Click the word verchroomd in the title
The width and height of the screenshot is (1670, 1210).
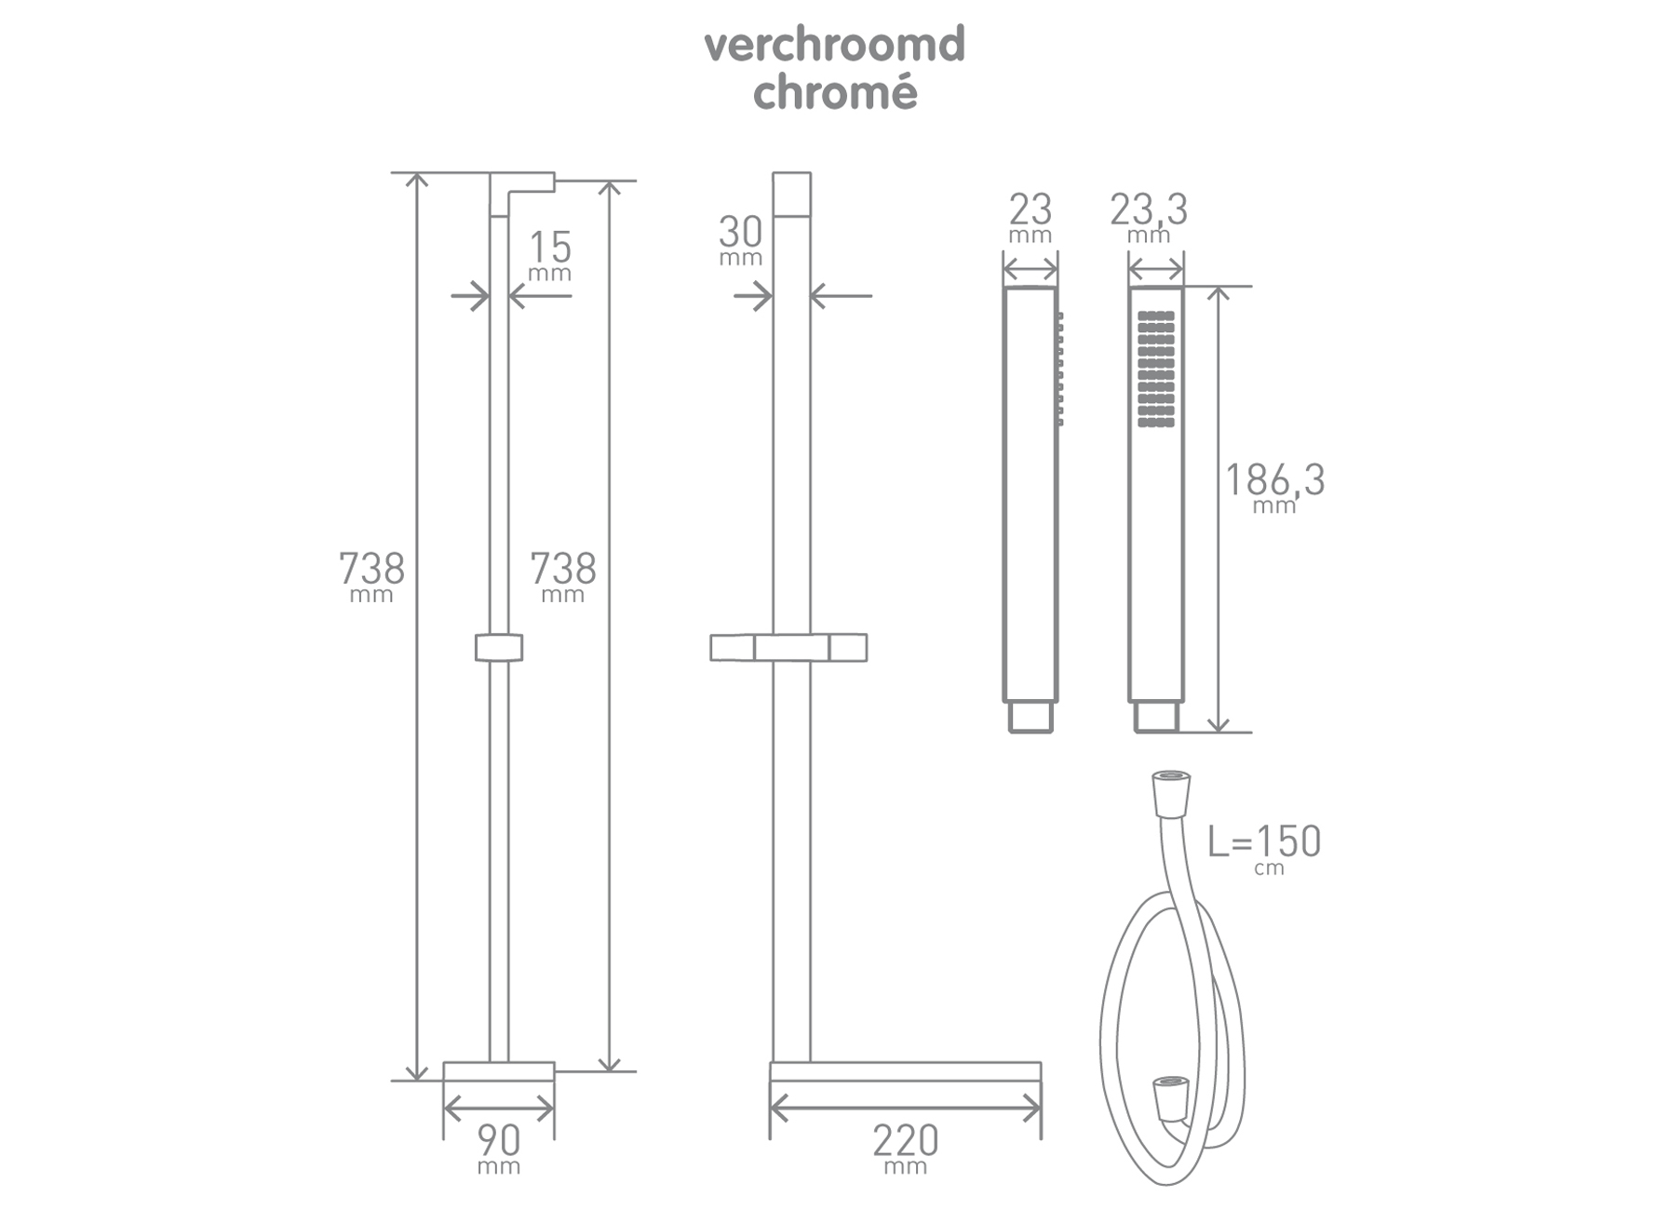click(x=834, y=45)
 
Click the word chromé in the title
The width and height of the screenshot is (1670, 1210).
click(x=834, y=92)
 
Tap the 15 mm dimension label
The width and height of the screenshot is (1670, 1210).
click(x=549, y=254)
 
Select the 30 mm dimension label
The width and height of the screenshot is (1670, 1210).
click(x=740, y=238)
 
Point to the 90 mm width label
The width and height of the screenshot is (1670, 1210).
click(x=499, y=1148)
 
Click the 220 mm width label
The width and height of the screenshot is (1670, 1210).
click(x=905, y=1148)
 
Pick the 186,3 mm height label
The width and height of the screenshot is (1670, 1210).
click(x=1274, y=487)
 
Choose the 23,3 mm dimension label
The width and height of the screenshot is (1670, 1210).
click(x=1149, y=216)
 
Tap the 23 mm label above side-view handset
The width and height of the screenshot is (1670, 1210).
click(x=1030, y=216)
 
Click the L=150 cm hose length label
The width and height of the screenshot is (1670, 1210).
click(x=1264, y=847)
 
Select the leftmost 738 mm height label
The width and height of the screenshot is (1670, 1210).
click(x=371, y=574)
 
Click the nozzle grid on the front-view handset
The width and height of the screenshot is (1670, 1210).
click(x=1156, y=369)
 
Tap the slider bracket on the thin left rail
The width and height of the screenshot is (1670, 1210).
click(x=499, y=647)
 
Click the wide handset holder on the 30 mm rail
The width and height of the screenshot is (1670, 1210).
click(x=789, y=647)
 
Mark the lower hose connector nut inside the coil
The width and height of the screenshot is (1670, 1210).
click(x=1170, y=1098)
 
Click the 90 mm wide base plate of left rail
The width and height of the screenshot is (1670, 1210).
click(x=499, y=1071)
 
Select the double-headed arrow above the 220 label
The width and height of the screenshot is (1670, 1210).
click(x=905, y=1109)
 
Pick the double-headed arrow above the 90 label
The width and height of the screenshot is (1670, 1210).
click(x=499, y=1109)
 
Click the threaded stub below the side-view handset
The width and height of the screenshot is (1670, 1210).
click(x=1030, y=718)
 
